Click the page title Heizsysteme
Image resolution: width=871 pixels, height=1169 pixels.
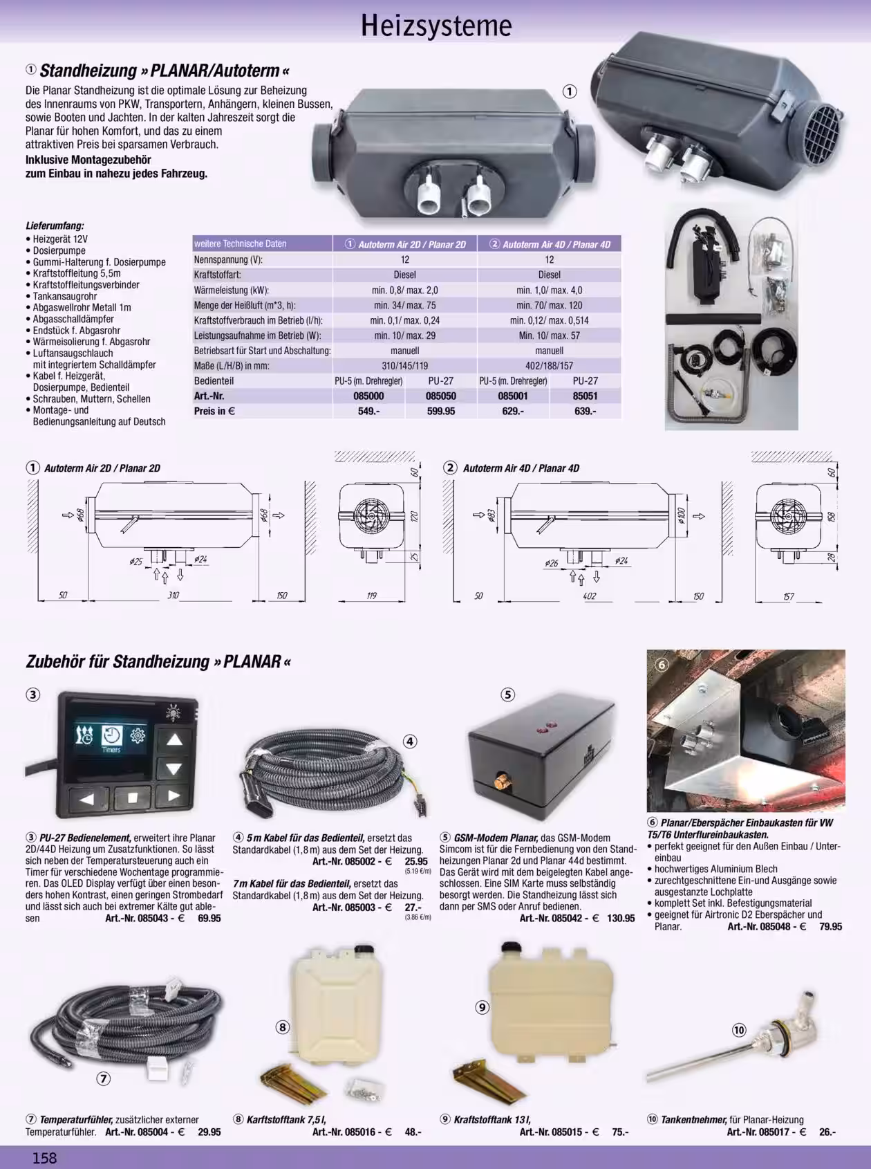tap(436, 26)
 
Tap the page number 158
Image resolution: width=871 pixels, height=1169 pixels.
tap(45, 1157)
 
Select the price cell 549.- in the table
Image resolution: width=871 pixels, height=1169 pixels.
tap(369, 411)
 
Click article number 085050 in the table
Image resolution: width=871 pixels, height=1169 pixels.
tap(440, 396)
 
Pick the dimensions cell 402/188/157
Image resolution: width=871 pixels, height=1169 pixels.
tap(550, 365)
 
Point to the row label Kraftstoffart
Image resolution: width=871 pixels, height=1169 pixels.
tap(218, 275)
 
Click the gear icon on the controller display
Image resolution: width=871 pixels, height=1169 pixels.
tap(138, 735)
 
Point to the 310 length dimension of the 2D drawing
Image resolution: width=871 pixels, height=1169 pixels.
tap(173, 595)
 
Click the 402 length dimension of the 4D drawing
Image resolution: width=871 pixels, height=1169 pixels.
tap(589, 596)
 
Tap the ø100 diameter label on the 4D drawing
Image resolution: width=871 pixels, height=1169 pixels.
tap(681, 516)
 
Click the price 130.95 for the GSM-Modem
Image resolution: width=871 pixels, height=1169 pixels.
tap(621, 919)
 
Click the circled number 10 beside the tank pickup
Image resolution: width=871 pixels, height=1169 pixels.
tap(739, 1030)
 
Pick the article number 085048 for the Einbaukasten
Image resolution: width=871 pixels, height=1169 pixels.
tap(774, 926)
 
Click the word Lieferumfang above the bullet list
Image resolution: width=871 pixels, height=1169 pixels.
tap(55, 225)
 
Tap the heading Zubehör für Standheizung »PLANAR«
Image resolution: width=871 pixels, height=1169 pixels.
tap(158, 661)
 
